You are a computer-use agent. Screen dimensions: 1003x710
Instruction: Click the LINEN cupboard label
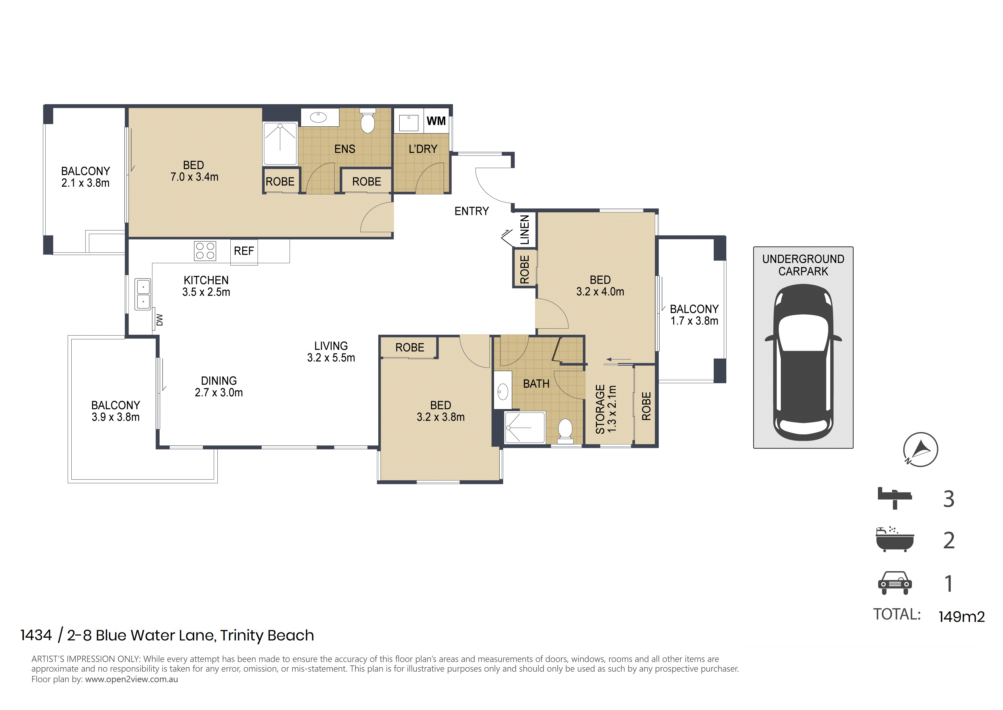(525, 230)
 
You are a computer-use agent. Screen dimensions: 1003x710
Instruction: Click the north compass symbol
(921, 449)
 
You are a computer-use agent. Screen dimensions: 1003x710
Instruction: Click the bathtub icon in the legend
(895, 539)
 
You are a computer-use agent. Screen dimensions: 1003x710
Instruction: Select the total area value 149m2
(962, 616)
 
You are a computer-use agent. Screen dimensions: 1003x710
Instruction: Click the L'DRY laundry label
(422, 149)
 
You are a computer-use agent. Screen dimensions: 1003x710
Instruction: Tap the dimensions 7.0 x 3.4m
(195, 177)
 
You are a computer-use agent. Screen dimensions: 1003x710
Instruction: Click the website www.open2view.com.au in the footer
(132, 679)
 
